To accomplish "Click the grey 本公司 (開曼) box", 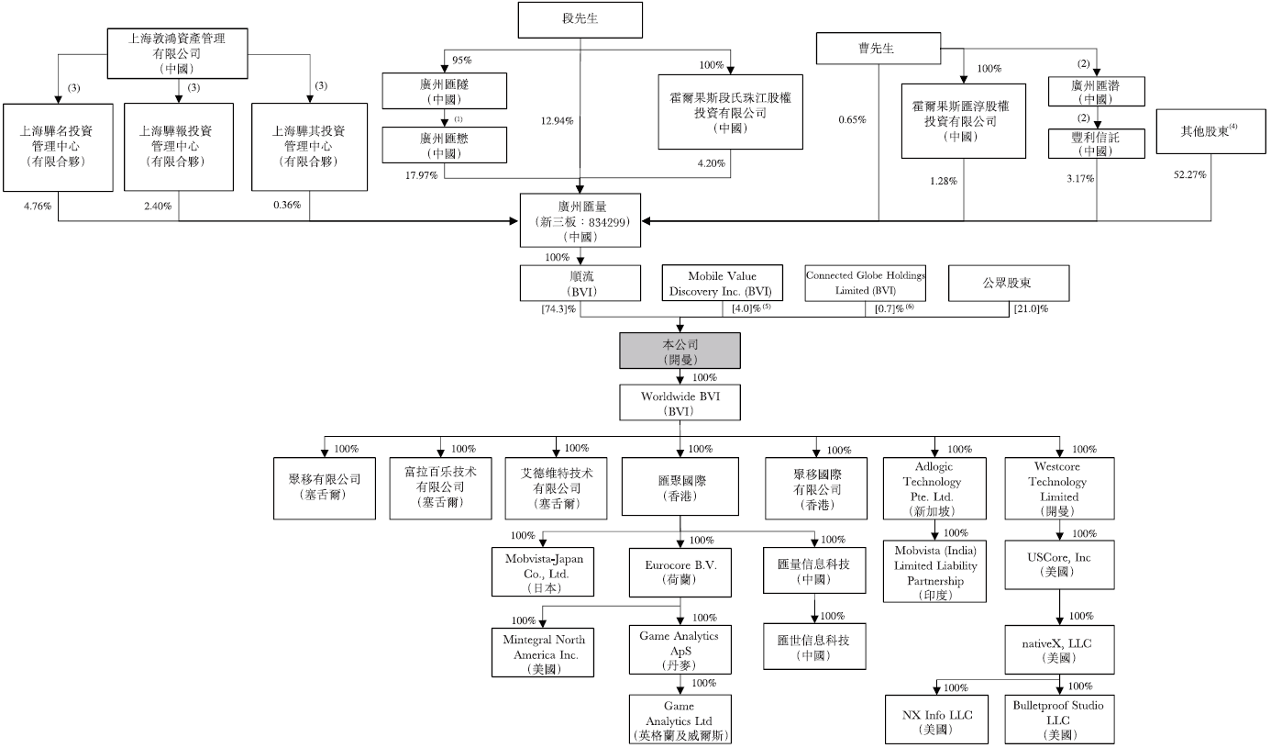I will pos(680,352).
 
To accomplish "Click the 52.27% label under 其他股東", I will pos(1189,174).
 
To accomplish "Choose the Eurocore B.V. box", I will pos(680,572).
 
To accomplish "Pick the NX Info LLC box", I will pos(936,720).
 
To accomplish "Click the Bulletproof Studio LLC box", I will pos(1059,720).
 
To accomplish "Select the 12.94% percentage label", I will pos(558,119).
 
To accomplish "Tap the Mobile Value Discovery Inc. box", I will pos(724,283).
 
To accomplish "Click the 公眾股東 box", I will pos(1008,283).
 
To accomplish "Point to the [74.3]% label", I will pos(558,309).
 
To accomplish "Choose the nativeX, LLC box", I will pos(1059,650).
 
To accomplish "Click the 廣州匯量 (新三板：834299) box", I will pos(580,221).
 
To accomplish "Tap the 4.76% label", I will pos(38,207).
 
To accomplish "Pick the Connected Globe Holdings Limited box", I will pos(865,282).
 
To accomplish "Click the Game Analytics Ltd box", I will pos(680,720).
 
